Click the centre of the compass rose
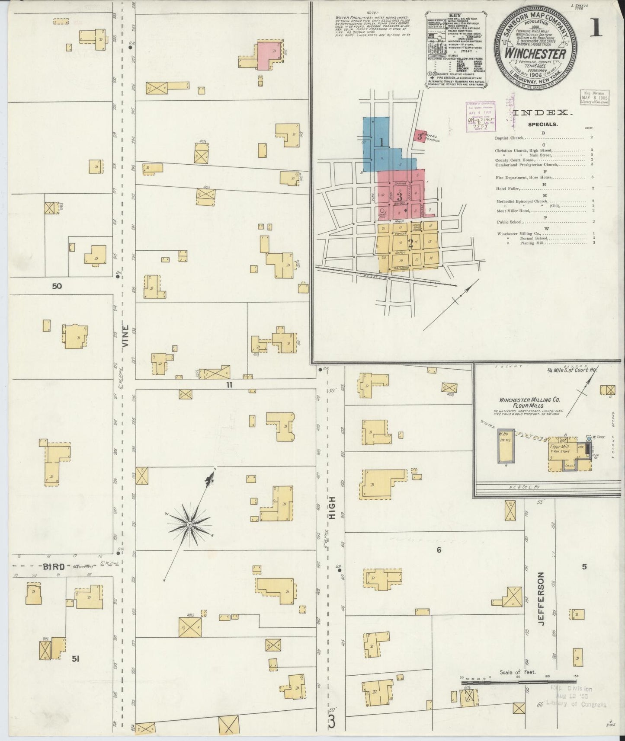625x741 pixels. coord(189,524)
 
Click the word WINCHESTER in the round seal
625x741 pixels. coord(536,55)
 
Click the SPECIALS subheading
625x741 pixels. coord(542,125)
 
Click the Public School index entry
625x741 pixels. coord(510,222)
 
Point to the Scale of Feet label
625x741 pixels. coord(517,684)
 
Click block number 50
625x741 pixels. coord(57,286)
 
